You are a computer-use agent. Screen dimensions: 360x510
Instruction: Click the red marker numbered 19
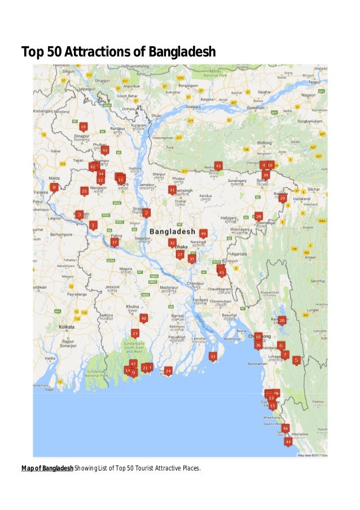click(x=83, y=127)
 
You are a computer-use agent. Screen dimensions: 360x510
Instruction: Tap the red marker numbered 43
click(x=104, y=150)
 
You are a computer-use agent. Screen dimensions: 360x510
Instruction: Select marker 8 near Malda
click(x=54, y=188)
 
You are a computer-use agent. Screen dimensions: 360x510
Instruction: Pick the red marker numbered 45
click(x=218, y=165)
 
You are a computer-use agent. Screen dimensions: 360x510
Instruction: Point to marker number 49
click(x=203, y=233)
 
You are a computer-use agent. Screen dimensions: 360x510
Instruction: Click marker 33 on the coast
click(x=213, y=357)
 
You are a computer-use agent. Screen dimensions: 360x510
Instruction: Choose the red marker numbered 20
click(x=282, y=321)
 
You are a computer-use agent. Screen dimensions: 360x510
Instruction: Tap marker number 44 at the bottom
click(x=288, y=442)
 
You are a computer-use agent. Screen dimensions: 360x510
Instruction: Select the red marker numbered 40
click(x=144, y=319)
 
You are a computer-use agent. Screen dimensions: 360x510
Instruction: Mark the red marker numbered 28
click(x=258, y=216)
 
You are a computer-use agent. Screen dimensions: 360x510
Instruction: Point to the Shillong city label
click(x=265, y=143)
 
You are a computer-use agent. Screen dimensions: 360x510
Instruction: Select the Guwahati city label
click(x=255, y=107)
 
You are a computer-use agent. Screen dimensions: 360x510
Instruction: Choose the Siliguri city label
click(x=68, y=72)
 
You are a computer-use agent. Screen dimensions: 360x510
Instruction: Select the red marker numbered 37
click(x=115, y=242)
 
